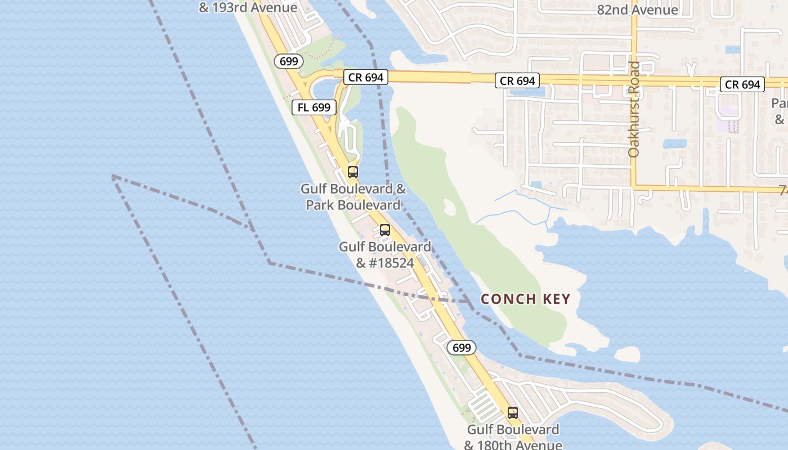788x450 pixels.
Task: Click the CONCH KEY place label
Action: click(526, 299)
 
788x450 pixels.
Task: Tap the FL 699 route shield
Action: click(314, 107)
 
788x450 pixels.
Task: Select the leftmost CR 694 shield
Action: click(366, 77)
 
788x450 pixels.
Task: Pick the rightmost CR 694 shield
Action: click(742, 85)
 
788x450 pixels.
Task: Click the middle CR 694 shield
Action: click(517, 81)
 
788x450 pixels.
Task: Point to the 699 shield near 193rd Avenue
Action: click(289, 61)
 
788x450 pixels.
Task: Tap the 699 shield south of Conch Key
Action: click(462, 348)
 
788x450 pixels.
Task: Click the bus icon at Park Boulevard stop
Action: click(353, 172)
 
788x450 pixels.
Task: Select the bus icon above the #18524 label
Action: click(385, 229)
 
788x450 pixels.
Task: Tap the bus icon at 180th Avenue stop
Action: click(513, 412)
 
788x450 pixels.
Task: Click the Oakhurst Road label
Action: click(634, 109)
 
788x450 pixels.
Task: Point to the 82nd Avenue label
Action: click(637, 10)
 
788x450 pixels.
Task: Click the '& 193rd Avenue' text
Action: click(248, 8)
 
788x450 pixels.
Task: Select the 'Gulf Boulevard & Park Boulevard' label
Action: click(353, 197)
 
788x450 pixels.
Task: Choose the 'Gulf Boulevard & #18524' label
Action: click(385, 255)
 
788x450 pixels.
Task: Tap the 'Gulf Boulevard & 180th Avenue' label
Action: click(513, 437)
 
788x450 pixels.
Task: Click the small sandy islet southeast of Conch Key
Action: click(627, 354)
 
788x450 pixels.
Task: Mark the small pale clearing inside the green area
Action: click(449, 206)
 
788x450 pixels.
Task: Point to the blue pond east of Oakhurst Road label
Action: click(674, 143)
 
